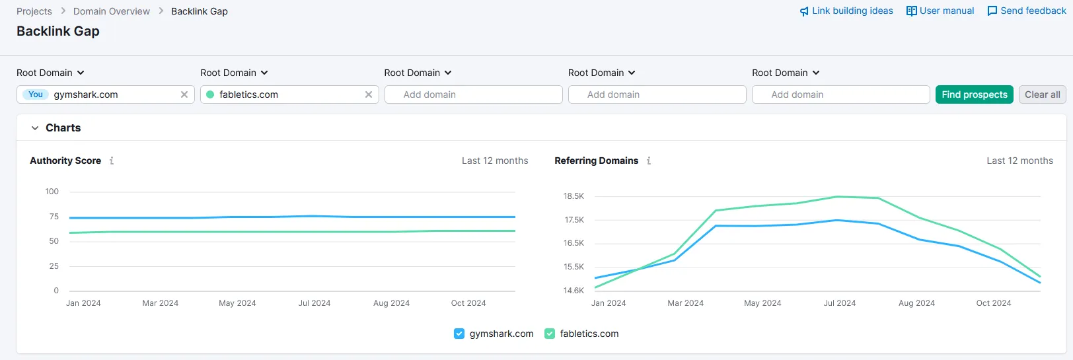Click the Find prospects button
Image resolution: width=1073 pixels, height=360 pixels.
click(x=974, y=94)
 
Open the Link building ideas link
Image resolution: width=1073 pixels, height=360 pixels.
click(x=846, y=11)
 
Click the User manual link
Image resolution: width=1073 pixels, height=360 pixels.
click(x=940, y=11)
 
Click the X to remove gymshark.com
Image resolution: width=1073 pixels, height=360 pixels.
click(x=184, y=94)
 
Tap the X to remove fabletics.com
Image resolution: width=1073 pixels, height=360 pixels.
click(x=369, y=94)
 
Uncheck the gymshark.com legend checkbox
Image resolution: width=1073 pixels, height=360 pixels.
click(x=459, y=334)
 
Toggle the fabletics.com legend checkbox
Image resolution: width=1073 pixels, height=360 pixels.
click(x=550, y=334)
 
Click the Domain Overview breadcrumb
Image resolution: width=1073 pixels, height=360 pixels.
click(x=112, y=11)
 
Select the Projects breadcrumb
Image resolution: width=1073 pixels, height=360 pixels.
click(x=34, y=11)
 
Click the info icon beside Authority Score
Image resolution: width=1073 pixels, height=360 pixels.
click(x=112, y=161)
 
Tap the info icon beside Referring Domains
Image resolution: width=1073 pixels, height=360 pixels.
click(x=649, y=161)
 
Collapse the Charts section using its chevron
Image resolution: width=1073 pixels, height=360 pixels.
click(x=35, y=128)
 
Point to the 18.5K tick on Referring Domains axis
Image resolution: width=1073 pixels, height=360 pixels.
click(x=573, y=196)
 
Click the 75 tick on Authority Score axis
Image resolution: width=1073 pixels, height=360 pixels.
click(x=54, y=217)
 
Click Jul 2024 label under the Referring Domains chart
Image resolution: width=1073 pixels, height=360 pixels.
click(x=839, y=303)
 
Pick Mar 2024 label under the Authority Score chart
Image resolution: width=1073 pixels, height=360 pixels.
click(x=160, y=303)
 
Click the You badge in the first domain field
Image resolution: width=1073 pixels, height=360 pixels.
click(x=36, y=94)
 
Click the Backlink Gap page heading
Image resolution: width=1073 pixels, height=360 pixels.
click(x=58, y=31)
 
